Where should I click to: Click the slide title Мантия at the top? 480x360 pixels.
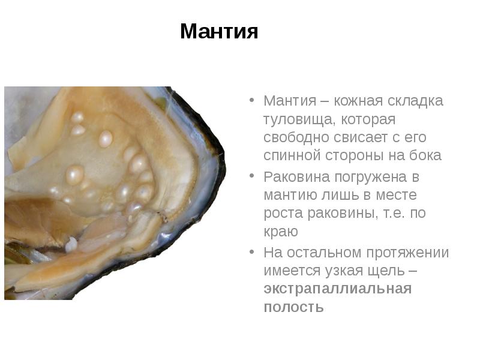(x=219, y=31)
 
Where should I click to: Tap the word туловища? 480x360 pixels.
(x=294, y=119)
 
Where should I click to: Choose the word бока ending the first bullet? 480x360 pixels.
(x=428, y=155)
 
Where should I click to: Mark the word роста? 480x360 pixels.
(x=280, y=213)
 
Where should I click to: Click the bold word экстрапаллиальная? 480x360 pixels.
(x=337, y=289)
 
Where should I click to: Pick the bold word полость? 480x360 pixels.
(x=293, y=307)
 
